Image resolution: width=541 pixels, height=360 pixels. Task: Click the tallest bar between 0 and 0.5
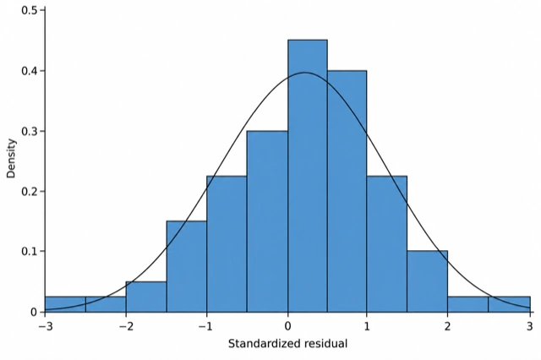coord(308,176)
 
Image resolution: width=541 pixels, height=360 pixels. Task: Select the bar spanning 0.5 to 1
coord(347,191)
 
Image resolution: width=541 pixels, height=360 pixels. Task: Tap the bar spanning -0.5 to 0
coord(267,221)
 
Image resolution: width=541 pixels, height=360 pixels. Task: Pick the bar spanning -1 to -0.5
coord(227,243)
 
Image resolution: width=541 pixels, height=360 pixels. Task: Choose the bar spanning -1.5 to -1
coord(187,266)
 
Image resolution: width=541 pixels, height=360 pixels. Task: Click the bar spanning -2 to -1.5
coord(146,297)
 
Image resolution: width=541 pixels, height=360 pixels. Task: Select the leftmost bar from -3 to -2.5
coord(65,304)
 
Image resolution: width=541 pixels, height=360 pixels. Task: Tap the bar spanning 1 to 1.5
coord(387,243)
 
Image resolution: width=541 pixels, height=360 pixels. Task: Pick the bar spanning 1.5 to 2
coord(427,281)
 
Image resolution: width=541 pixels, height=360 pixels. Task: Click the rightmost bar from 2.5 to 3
coord(509,304)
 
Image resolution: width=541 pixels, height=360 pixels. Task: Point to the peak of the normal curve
coord(304,73)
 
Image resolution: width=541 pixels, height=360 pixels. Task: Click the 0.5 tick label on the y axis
coord(30,10)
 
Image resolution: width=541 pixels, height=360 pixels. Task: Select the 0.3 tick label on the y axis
coord(30,131)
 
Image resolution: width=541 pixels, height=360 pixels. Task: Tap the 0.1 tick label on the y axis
coord(30,251)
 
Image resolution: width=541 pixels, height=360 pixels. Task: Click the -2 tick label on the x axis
coord(126,326)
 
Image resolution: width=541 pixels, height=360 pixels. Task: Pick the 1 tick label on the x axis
coord(367,326)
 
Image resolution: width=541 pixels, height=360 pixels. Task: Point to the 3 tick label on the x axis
coord(530,326)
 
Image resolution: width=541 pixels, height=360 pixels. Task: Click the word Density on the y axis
coord(11,158)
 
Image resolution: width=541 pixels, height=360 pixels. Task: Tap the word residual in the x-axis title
coord(326,344)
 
